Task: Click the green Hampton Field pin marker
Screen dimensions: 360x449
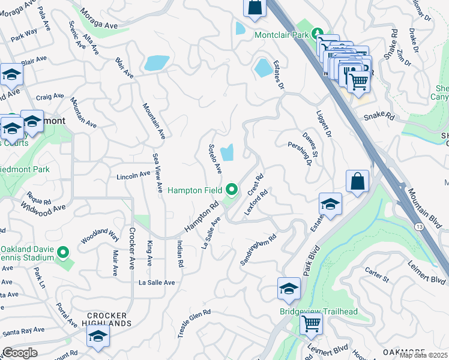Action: [x=232, y=191]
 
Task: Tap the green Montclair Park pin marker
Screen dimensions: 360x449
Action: [x=318, y=35]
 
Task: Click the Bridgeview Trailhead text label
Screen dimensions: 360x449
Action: [x=318, y=311]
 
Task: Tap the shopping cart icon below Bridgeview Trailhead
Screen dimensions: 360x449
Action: [x=311, y=324]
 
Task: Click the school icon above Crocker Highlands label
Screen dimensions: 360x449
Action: [x=98, y=337]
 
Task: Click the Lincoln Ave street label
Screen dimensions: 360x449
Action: [x=133, y=175]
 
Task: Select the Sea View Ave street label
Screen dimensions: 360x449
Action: [x=157, y=172]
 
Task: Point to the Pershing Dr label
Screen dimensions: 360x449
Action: [x=301, y=153]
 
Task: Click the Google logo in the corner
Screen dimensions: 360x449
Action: [x=20, y=353]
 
